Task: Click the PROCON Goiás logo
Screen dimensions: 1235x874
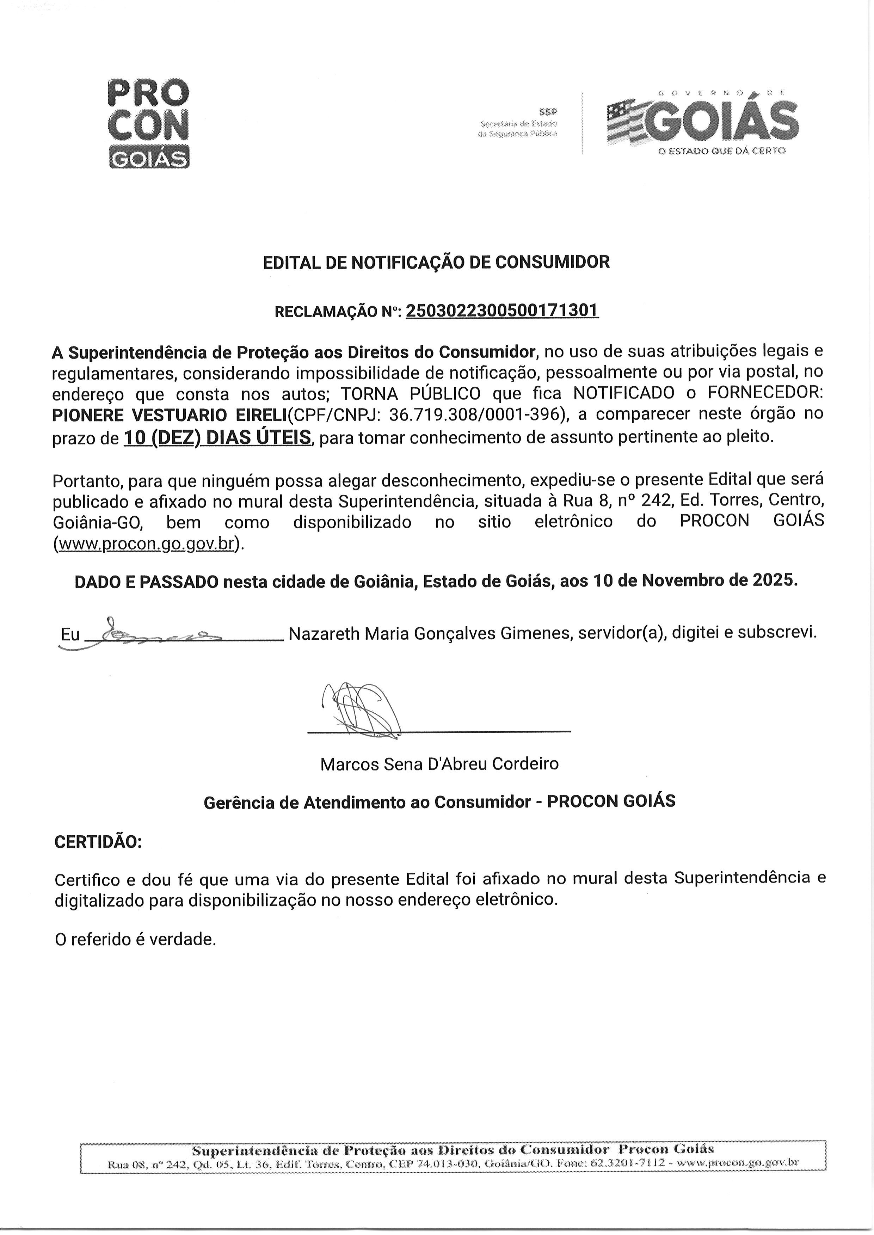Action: (149, 124)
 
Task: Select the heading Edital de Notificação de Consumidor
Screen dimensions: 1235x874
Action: (436, 262)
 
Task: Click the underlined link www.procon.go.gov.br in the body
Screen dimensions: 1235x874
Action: (146, 544)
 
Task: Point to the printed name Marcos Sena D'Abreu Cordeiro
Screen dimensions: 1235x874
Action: (439, 764)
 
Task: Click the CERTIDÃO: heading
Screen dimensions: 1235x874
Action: (98, 842)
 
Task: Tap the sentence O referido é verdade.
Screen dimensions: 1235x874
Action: (135, 940)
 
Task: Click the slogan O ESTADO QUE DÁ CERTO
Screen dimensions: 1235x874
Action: (722, 151)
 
